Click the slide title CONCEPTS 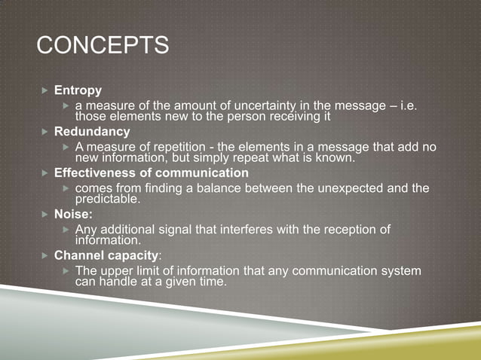tap(103, 45)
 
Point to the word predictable tap(108, 199)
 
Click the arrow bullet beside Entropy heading tap(44, 91)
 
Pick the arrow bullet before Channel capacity tap(44, 257)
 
